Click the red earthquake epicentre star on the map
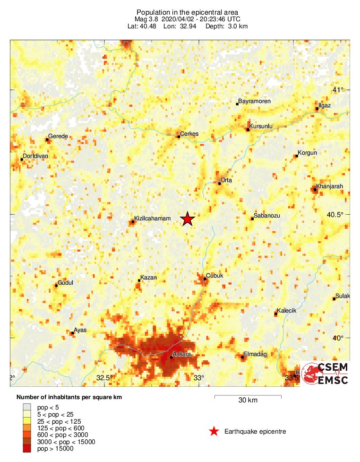coord(188,219)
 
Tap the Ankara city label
coord(182,354)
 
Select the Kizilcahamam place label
coord(152,218)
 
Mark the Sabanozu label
coord(267,216)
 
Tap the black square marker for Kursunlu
coord(248,129)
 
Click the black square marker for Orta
coord(220,183)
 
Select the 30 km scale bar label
coord(248,401)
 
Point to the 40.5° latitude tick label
coord(335,215)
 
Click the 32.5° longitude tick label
coord(103,378)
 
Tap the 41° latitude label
coord(338,90)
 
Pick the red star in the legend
coord(214,431)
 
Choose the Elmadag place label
coord(255,354)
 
